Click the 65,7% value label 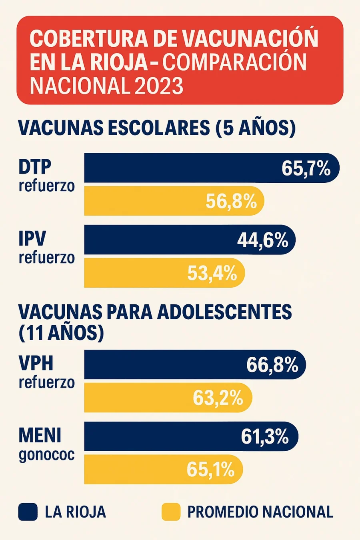point(306,168)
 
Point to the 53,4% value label point(212,274)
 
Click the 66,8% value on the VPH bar point(272,365)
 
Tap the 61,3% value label point(265,436)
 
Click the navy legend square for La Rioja point(28,512)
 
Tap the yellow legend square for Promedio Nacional point(171,512)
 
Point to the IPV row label point(32,239)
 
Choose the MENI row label point(40,435)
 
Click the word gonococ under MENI point(46,455)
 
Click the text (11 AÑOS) point(61,333)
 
